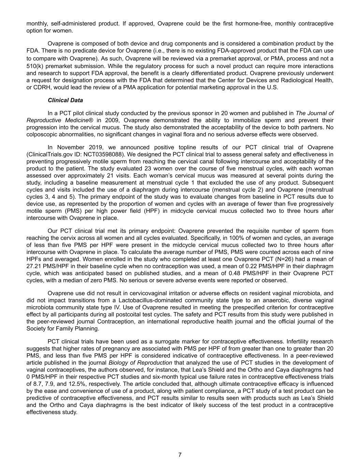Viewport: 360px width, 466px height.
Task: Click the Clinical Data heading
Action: [x=65, y=100]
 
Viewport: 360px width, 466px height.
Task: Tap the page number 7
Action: [x=180, y=455]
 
